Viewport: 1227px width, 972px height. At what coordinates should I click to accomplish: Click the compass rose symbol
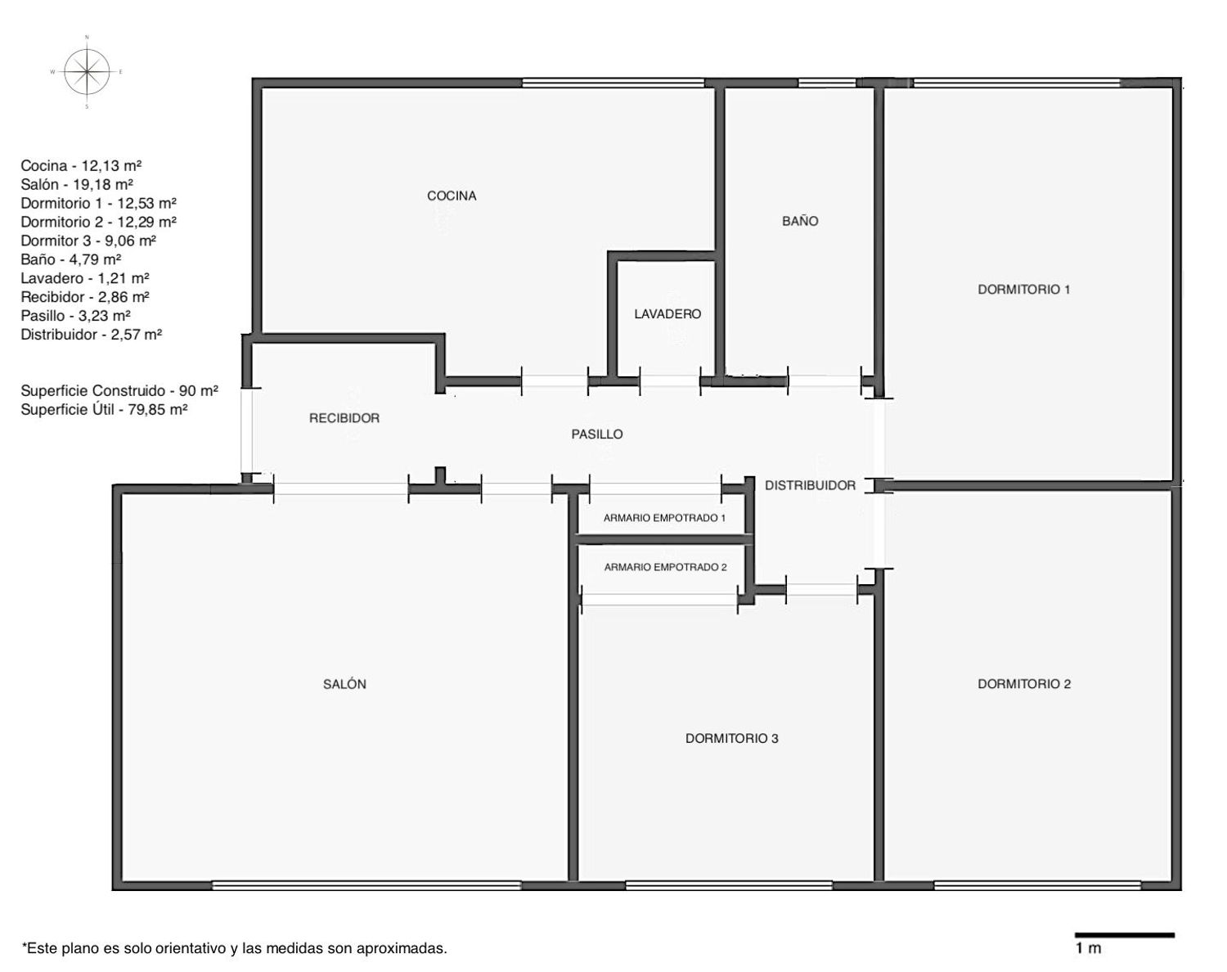(87, 72)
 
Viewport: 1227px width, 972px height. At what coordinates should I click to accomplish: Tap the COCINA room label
(452, 196)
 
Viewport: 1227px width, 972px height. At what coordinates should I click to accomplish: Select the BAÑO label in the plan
(800, 221)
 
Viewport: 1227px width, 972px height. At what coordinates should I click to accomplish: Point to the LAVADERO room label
(667, 313)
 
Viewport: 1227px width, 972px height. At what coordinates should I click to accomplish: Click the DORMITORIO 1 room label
(1024, 289)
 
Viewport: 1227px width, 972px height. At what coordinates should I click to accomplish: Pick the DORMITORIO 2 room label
(1025, 684)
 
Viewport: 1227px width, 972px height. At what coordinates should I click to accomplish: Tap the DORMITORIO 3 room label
(731, 738)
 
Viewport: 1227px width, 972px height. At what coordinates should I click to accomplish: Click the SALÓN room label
(344, 684)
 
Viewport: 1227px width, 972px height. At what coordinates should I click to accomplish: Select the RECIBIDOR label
(344, 418)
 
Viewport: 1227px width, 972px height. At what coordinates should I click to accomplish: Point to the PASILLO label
(597, 434)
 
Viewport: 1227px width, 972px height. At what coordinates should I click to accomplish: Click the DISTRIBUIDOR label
(810, 485)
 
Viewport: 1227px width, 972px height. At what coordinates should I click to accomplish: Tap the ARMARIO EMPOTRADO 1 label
(664, 518)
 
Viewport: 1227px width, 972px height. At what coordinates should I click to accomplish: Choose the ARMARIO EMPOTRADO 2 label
(665, 567)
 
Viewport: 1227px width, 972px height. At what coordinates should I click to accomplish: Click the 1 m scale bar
(1125, 935)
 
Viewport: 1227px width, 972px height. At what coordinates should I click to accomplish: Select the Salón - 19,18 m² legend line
(77, 184)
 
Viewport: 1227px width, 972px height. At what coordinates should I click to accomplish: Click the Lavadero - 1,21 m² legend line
(85, 278)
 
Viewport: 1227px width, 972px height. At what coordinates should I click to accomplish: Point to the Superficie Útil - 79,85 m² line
(105, 409)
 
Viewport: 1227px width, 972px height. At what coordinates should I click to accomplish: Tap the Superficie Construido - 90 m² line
(119, 391)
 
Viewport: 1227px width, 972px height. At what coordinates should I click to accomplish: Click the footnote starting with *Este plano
(234, 948)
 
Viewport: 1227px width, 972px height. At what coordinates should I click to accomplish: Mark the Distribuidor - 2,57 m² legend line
(92, 335)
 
